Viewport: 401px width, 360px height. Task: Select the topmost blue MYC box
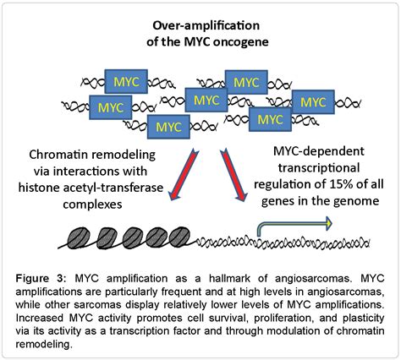point(246,83)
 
